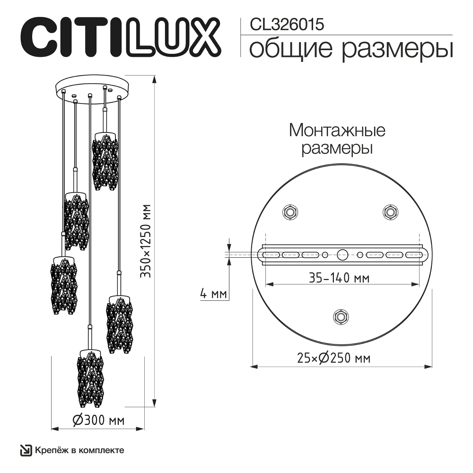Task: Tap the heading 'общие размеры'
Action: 350,48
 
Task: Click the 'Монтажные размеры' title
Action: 337,138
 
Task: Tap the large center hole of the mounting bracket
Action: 342,254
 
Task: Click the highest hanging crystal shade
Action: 105,161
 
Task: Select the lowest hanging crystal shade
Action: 90,378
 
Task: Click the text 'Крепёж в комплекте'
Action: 79,450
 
